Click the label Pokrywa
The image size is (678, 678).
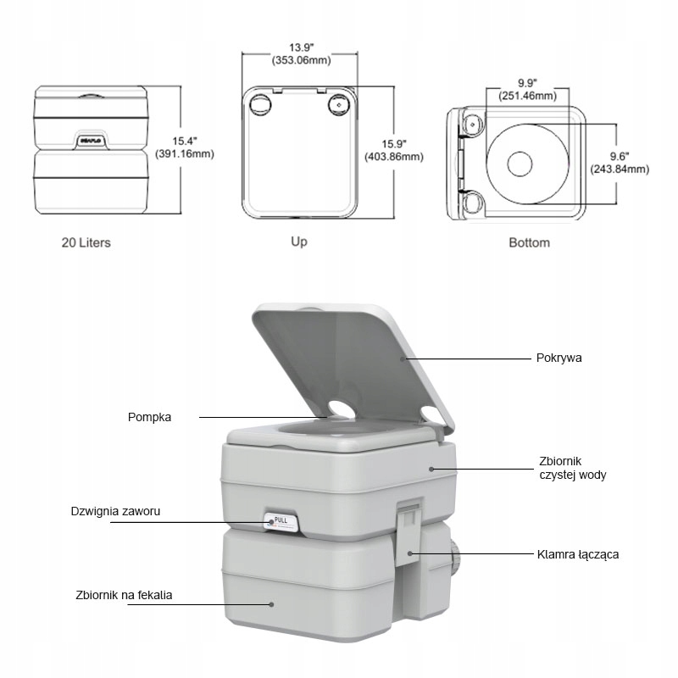559,358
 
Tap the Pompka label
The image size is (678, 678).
150,417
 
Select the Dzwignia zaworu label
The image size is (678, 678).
115,511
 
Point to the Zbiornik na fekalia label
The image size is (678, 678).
124,595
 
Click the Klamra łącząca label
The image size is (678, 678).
578,555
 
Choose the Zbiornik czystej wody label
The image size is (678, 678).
573,468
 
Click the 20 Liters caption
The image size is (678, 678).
86,242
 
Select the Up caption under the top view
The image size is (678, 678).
299,242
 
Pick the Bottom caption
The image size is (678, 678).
529,242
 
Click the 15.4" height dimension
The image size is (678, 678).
185,140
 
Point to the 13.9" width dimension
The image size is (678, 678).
301,47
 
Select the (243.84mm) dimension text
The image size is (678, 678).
619,169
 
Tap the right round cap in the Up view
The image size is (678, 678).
339,104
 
